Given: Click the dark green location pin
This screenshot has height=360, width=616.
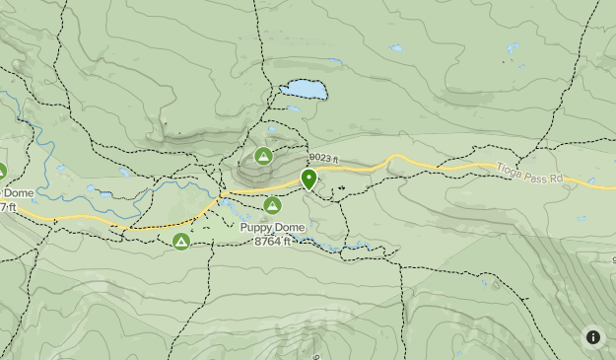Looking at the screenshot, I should (308, 179).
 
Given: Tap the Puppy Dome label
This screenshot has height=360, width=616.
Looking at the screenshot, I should (273, 228).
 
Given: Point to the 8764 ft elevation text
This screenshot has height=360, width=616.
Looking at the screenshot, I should (273, 242).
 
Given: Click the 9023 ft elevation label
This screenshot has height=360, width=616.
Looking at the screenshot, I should (322, 158).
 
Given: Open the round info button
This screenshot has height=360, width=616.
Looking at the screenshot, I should (593, 337).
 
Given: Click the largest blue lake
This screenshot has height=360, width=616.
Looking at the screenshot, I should (304, 90).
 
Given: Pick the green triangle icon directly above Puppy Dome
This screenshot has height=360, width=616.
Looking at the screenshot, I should (273, 205).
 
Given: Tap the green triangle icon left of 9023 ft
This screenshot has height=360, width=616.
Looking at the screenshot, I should (263, 156).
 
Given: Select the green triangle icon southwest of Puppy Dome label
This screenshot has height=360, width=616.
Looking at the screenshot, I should (180, 241).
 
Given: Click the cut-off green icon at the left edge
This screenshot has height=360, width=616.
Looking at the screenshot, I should (2, 171).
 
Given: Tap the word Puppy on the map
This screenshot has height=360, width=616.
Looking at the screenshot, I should (257, 228).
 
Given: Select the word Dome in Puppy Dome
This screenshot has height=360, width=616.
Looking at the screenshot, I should (290, 228).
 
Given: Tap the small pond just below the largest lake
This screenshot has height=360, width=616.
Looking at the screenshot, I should (293, 108).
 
